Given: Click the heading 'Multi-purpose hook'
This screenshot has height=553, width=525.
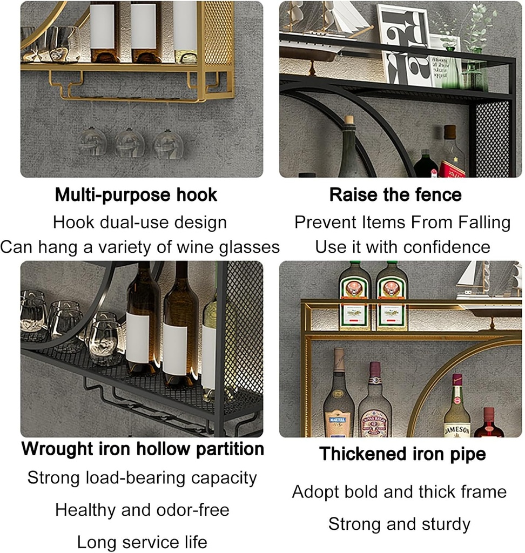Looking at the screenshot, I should point(136,195).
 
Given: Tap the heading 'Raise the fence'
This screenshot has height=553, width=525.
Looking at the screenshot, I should point(395,195).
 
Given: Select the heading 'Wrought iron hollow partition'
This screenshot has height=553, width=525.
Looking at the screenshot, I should point(143,449).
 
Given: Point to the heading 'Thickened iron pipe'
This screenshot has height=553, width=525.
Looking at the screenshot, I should point(402,454).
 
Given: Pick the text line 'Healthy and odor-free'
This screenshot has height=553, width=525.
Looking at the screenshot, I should point(142,509).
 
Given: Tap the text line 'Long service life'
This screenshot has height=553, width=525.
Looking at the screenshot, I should point(142,542).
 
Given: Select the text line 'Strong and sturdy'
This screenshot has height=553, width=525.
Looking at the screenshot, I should point(399,524).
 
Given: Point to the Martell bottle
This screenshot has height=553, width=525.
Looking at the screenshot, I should point(339,397).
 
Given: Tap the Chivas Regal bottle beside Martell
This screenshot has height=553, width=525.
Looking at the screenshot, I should point(375,402).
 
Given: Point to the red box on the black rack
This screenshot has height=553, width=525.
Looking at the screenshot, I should point(452,169).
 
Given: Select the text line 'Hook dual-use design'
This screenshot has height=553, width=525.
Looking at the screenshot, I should point(140,222).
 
